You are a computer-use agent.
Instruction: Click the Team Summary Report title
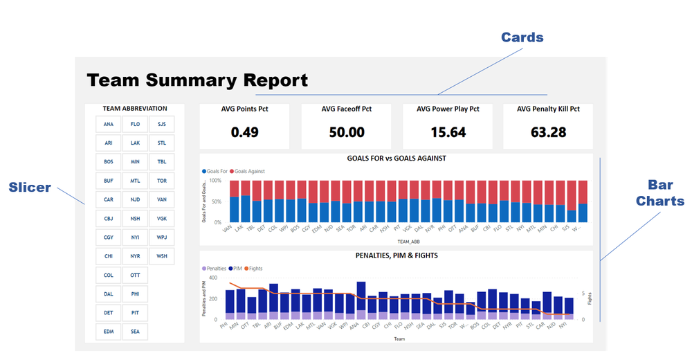click(197, 80)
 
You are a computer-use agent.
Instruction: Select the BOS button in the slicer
click(109, 162)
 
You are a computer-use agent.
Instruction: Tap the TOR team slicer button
click(161, 181)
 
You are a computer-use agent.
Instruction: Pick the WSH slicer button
click(161, 256)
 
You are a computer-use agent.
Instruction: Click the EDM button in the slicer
click(109, 332)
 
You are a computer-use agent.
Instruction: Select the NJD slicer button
click(135, 199)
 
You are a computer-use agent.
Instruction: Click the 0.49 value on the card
click(244, 132)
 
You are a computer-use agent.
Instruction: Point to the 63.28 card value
click(547, 132)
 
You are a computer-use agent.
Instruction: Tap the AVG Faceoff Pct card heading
click(346, 109)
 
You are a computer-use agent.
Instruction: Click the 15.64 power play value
click(448, 132)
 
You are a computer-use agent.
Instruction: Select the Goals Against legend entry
click(249, 171)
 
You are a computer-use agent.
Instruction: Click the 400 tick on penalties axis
click(212, 278)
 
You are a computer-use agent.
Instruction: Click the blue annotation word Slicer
click(30, 187)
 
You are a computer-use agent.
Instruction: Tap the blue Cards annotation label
click(522, 38)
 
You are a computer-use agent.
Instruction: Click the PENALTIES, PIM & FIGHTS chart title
click(397, 255)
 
